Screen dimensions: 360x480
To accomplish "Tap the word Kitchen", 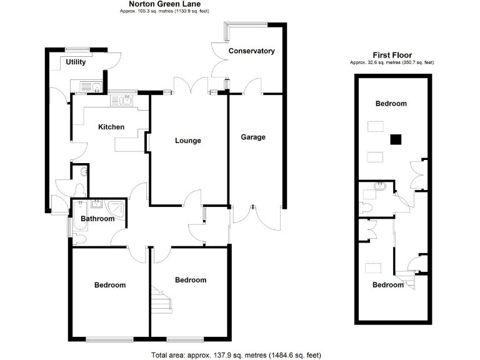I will click(111, 127).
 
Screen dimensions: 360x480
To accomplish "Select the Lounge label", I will click(187, 141).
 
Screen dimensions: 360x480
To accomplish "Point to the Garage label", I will click(253, 137).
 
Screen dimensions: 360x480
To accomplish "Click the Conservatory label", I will click(251, 51).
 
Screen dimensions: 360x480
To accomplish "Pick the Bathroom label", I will click(98, 219).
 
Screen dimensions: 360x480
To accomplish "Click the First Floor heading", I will click(392, 55).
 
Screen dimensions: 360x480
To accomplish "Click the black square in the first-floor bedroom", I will click(395, 140).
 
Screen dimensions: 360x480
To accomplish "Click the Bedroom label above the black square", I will click(391, 104).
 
